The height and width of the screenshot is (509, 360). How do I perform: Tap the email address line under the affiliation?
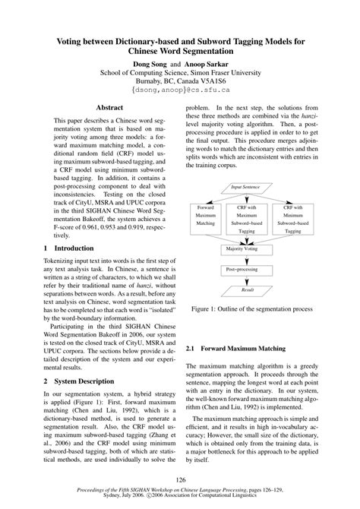tap(180, 90)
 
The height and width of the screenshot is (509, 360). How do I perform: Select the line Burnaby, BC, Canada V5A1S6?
tap(180, 81)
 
